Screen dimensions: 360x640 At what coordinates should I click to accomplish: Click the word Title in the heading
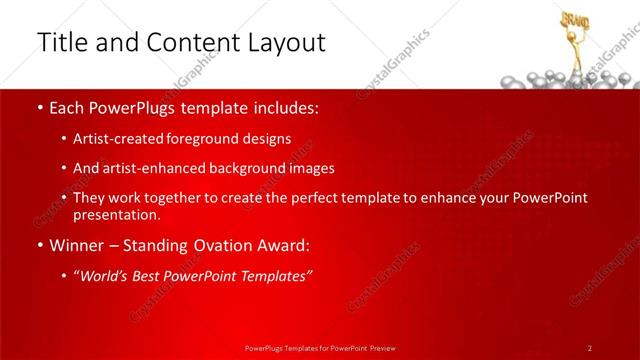tap(61, 42)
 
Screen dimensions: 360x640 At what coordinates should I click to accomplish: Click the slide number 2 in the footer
tap(590, 348)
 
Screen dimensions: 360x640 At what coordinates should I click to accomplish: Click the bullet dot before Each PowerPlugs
tap(39, 107)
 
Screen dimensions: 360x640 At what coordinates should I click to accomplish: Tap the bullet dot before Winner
tap(39, 245)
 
